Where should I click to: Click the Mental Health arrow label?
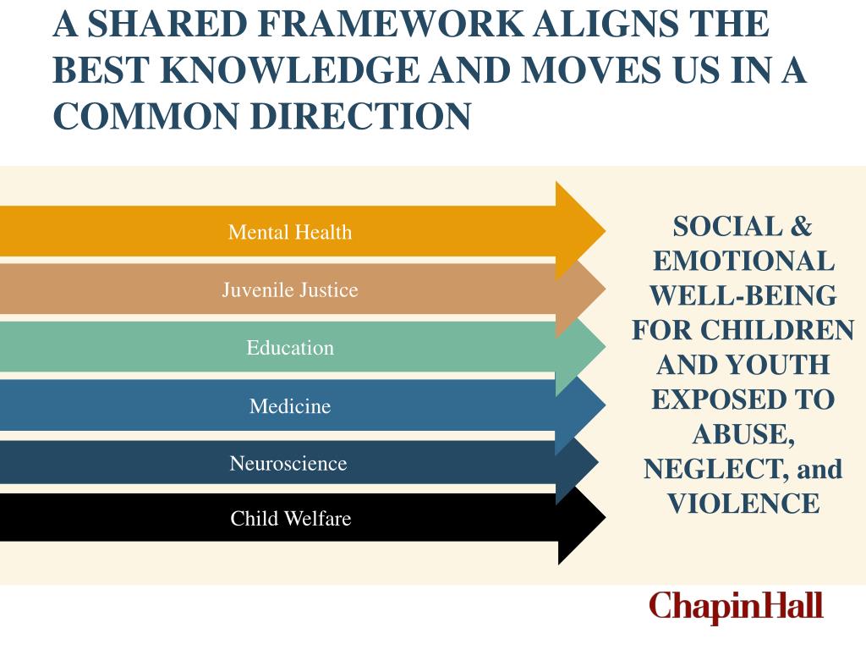289,232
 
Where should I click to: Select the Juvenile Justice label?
289,290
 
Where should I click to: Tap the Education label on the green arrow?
289,348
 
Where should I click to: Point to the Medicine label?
289,406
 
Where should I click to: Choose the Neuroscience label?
288,464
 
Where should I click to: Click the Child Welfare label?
290,518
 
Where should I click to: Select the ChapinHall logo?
736,607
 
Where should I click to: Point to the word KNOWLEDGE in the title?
288,70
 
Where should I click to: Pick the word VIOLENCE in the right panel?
743,504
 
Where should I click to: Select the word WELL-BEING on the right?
743,295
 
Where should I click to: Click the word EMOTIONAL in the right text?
743,261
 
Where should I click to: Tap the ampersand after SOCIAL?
800,226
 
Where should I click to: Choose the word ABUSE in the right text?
741,434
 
